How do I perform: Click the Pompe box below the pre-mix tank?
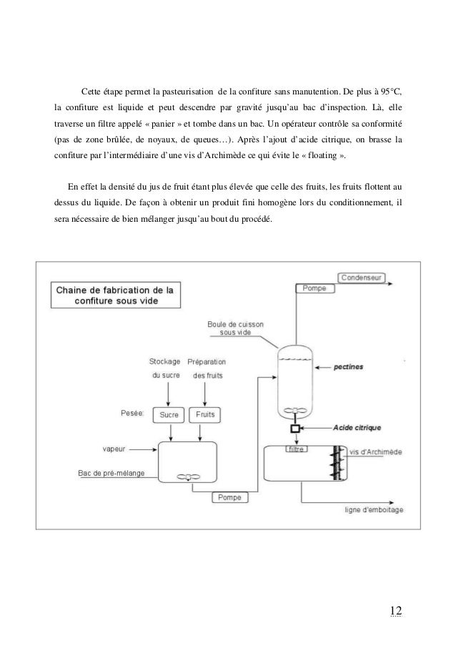229,496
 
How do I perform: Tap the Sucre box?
168,414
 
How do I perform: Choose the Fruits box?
206,414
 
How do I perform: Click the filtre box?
294,449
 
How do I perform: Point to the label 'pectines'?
348,366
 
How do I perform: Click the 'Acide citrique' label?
357,428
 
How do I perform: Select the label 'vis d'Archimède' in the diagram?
376,451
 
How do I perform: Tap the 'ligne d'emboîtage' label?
373,510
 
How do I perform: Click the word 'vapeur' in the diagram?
114,450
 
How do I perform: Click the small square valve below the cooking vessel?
294,429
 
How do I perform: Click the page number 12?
395,610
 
